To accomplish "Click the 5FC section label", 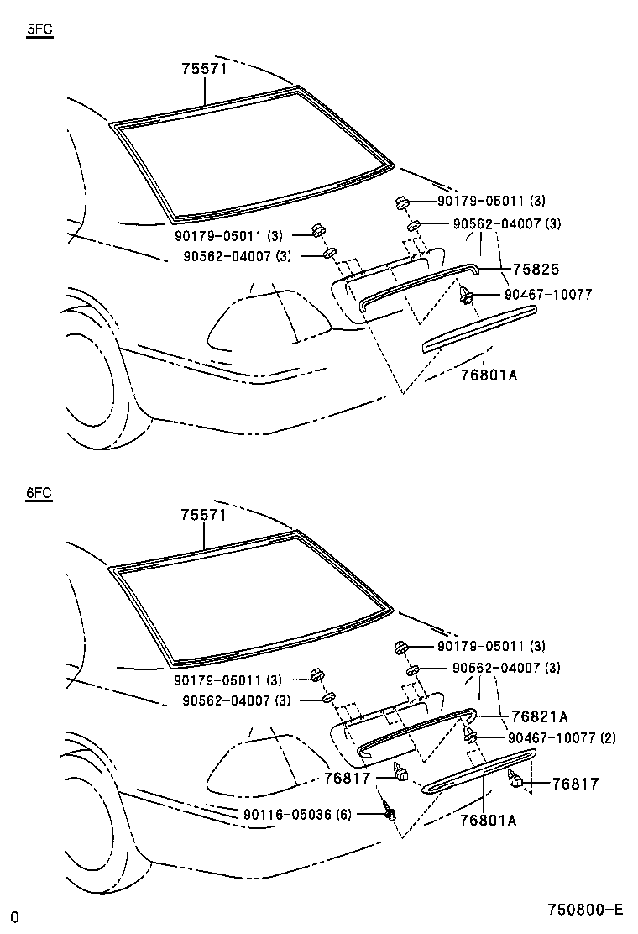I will pyautogui.click(x=40, y=29).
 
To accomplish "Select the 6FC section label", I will pyautogui.click(x=39, y=494).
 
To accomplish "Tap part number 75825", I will pyautogui.click(x=536, y=270).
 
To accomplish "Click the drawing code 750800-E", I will pyautogui.click(x=585, y=910).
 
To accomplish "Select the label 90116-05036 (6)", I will pyautogui.click(x=298, y=814).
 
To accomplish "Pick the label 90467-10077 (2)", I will pyautogui.click(x=562, y=738).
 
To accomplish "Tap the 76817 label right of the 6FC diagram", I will pyautogui.click(x=575, y=784).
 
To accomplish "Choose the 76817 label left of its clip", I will pyautogui.click(x=347, y=778).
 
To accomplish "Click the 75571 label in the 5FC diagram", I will pyautogui.click(x=205, y=69).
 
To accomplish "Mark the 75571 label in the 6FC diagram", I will pyautogui.click(x=205, y=514).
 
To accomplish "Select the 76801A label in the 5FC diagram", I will pyautogui.click(x=489, y=375).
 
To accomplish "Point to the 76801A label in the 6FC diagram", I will pyautogui.click(x=489, y=820).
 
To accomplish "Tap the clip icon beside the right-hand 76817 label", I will pyautogui.click(x=516, y=781).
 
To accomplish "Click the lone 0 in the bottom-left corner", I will pyautogui.click(x=14, y=916).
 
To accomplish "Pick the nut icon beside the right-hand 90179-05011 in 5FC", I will pyautogui.click(x=401, y=202).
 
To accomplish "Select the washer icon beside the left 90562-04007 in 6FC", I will pyautogui.click(x=329, y=698).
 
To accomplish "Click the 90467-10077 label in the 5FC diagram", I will pyautogui.click(x=548, y=294).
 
